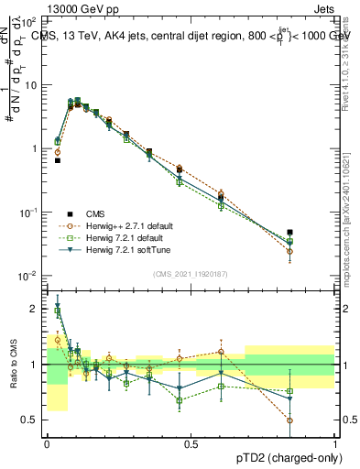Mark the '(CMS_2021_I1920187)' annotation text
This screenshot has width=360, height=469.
coord(191,273)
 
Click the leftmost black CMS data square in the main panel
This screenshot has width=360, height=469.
coord(58,160)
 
